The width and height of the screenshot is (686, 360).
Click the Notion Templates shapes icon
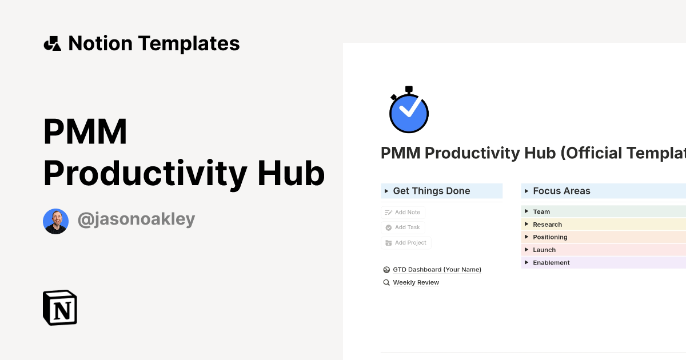point(53,43)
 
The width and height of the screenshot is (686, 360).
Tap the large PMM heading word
point(85,133)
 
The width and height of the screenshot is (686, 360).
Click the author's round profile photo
point(55,221)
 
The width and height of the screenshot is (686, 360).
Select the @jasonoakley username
point(136,219)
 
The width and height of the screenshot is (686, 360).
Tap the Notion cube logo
point(60,307)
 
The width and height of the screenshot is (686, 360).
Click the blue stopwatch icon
point(409,110)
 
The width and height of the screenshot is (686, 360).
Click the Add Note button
point(403,213)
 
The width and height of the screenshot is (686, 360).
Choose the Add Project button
point(406,243)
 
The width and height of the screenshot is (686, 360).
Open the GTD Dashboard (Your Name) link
point(437,270)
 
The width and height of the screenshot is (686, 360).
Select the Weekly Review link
point(416,282)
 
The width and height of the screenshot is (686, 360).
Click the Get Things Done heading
point(432,191)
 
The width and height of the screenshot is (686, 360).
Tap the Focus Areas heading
point(561,191)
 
